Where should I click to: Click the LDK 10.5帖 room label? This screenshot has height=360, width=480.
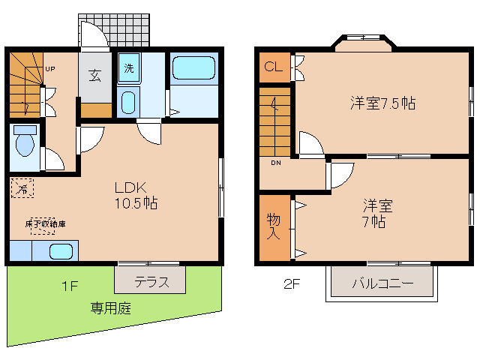(x=135, y=194)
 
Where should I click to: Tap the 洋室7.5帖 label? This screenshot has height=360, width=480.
(x=382, y=103)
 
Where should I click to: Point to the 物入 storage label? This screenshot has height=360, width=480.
(x=273, y=227)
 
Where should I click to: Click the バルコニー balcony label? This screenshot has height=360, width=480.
(x=382, y=285)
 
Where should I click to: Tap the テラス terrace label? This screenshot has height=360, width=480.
(x=150, y=283)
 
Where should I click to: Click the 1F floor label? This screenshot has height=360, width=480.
(x=70, y=284)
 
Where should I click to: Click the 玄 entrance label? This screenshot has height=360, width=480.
(x=96, y=75)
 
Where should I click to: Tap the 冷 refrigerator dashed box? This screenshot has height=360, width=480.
(x=22, y=189)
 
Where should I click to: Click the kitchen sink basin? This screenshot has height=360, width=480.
(x=60, y=251)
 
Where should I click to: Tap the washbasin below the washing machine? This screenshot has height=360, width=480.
(x=128, y=101)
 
